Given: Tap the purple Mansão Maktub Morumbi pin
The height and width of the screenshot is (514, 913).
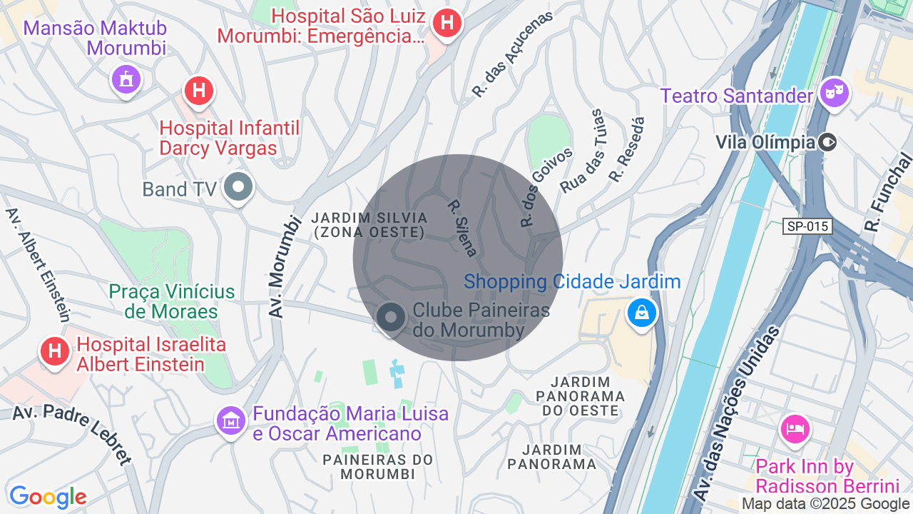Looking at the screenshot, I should (126, 79).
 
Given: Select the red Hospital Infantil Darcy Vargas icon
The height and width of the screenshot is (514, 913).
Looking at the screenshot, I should (199, 91).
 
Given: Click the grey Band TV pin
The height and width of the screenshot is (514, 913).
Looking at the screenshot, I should (238, 188).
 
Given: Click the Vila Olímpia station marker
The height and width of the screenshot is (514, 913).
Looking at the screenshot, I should (828, 142).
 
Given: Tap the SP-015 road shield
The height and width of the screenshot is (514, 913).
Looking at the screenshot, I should (807, 226).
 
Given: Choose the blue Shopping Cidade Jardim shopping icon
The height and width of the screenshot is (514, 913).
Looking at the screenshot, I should (642, 313).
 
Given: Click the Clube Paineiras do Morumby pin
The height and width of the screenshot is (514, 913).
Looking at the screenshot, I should (391, 318).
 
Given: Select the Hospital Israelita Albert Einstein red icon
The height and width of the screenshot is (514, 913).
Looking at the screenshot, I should (55, 351).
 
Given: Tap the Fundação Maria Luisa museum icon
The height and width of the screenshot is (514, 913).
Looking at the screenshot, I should (231, 420).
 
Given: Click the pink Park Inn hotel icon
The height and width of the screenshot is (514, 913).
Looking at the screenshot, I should (795, 428).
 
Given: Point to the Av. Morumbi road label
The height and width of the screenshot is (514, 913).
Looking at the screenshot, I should (283, 265).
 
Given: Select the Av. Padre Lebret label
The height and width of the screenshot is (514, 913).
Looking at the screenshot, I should (72, 433).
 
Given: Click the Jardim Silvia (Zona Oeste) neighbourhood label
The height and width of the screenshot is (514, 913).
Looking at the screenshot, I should (370, 225).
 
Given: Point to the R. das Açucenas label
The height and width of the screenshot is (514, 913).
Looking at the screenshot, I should (512, 54).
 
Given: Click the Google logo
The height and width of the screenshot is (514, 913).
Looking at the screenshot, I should (48, 497).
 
